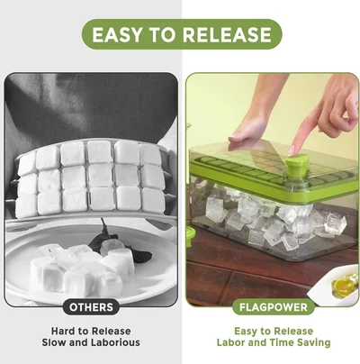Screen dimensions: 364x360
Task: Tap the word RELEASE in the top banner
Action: pyautogui.click(x=227, y=35)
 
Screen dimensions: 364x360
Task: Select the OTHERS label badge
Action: pyautogui.click(x=91, y=306)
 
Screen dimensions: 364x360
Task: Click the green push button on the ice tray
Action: pyautogui.click(x=293, y=168)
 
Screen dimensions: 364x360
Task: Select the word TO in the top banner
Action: pyautogui.click(x=172, y=35)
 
